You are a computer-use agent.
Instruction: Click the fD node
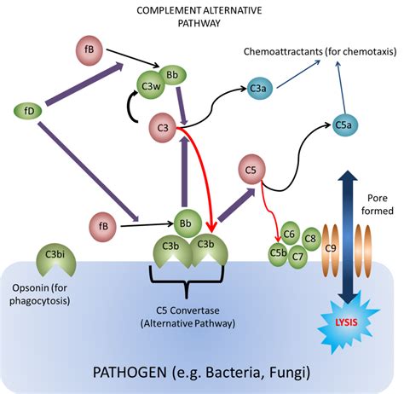(x=29, y=111)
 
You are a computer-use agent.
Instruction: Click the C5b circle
(x=278, y=253)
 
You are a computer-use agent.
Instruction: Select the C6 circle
(x=290, y=234)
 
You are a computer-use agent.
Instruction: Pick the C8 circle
(x=310, y=239)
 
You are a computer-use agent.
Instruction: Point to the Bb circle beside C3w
(x=173, y=77)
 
